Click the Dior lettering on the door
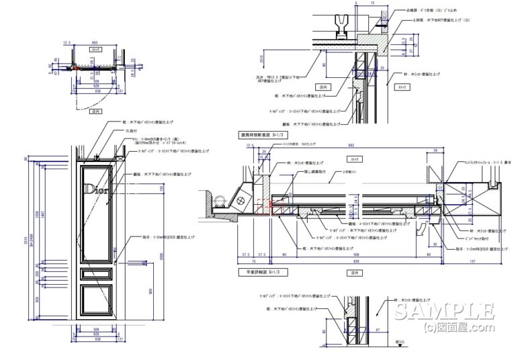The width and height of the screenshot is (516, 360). click(96, 190)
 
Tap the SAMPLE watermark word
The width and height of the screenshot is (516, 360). click(444, 311)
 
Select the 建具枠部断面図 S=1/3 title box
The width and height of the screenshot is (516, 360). click(265, 135)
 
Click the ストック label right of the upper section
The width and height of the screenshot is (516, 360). click(402, 87)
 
